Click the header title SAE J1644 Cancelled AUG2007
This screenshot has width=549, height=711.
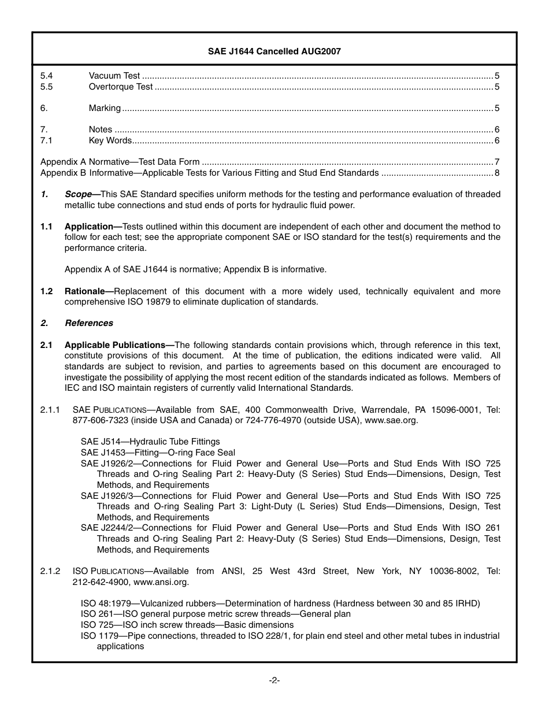[274, 51]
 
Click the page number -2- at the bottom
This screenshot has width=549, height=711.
[274, 680]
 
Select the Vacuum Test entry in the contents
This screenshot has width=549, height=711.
[114, 76]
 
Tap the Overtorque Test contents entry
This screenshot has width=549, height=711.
[121, 87]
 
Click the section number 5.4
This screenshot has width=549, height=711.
[46, 76]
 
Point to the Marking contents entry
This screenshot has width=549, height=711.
[105, 108]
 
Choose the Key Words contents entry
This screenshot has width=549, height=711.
[110, 140]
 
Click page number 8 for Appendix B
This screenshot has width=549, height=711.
[496, 173]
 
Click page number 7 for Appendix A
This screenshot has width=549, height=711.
[496, 162]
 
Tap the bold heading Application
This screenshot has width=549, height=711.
[89, 227]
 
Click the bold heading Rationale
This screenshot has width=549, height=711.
[87, 291]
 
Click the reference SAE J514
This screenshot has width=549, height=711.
[98, 442]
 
